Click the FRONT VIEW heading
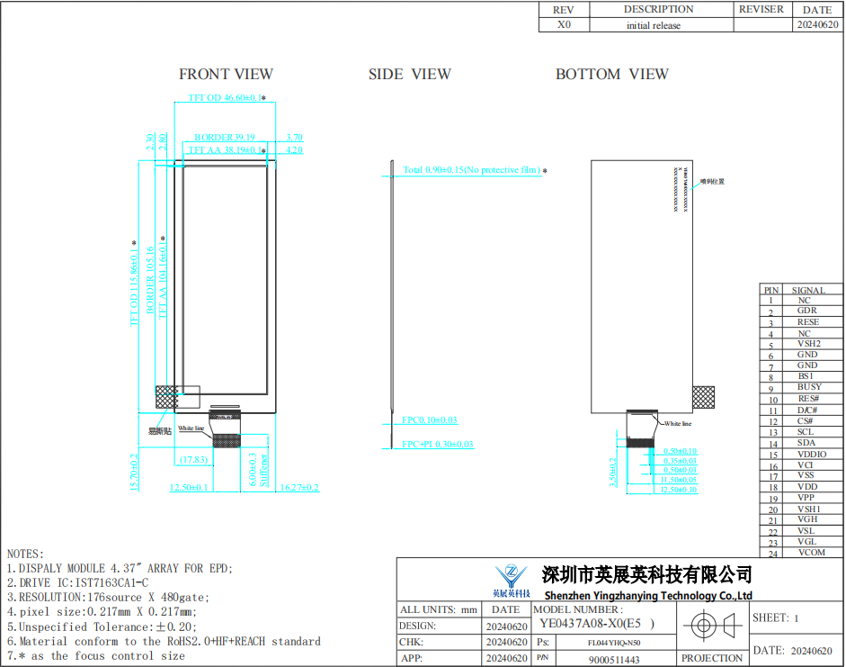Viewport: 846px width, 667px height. [x=226, y=74]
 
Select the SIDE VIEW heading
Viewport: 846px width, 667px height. [x=409, y=74]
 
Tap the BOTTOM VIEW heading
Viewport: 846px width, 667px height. [x=611, y=74]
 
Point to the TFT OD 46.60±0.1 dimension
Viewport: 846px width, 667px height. [x=224, y=97]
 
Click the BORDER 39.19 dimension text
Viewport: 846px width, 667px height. [x=225, y=138]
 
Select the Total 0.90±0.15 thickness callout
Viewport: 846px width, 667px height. [x=471, y=170]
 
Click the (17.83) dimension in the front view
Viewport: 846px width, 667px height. [x=193, y=460]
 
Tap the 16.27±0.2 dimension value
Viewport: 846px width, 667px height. [x=299, y=487]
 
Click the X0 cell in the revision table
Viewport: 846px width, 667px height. [x=564, y=25]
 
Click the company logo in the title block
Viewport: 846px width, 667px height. [x=512, y=580]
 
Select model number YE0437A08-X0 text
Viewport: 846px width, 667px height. [x=593, y=623]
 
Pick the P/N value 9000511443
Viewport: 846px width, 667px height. [x=614, y=659]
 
